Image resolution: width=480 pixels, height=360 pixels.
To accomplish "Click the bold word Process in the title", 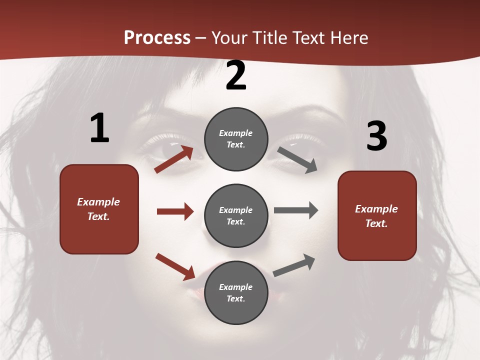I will [x=157, y=38].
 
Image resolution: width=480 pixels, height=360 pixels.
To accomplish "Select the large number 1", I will [x=99, y=128].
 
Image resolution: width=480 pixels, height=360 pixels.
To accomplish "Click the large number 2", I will [x=236, y=76].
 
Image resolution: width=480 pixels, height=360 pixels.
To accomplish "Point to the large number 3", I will [x=376, y=136].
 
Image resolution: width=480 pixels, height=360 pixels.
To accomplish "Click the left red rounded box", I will [x=99, y=209].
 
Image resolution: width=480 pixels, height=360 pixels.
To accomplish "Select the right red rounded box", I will [x=377, y=215].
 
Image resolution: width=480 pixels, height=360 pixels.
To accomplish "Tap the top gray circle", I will [x=236, y=139].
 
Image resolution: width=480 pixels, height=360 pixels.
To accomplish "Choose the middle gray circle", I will [x=236, y=215].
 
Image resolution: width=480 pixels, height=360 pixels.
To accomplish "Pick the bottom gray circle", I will [x=236, y=292].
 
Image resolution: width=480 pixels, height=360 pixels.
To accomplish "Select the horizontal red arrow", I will [x=175, y=211].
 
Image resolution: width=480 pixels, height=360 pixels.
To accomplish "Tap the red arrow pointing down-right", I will [x=175, y=266].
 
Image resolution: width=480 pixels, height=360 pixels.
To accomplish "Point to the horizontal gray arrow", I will [x=296, y=210].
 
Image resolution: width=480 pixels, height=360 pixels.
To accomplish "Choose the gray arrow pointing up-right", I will [x=294, y=265].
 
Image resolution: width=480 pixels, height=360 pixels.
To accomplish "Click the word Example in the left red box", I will [x=98, y=202].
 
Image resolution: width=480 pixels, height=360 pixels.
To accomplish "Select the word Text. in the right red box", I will [x=376, y=223].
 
